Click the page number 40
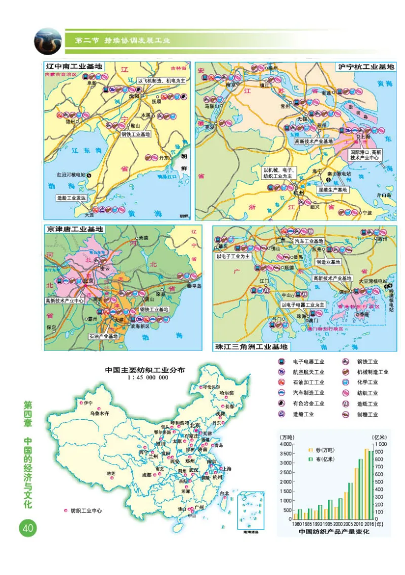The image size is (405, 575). pyautogui.click(x=26, y=528)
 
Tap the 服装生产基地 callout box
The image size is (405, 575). pyautogui.click(x=333, y=190)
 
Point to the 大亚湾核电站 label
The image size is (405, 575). pyautogui.click(x=372, y=281)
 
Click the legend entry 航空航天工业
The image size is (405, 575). pyautogui.click(x=308, y=372)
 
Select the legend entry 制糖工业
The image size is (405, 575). pyautogui.click(x=367, y=415)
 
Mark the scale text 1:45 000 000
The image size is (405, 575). pyautogui.click(x=144, y=377)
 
